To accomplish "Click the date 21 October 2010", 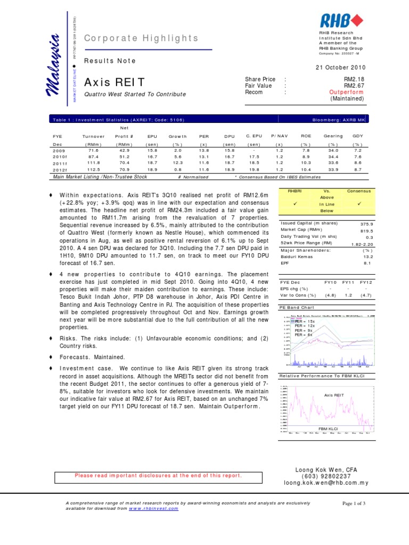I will [x=341, y=68].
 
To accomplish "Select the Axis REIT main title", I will [x=115, y=82].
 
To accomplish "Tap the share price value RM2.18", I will [x=354, y=79].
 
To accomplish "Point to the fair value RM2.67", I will [x=354, y=86].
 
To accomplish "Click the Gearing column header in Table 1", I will [x=333, y=136].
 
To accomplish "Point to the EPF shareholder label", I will [x=285, y=262].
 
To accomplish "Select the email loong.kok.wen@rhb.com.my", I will [x=326, y=483].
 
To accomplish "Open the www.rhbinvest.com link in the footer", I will [x=154, y=508].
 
